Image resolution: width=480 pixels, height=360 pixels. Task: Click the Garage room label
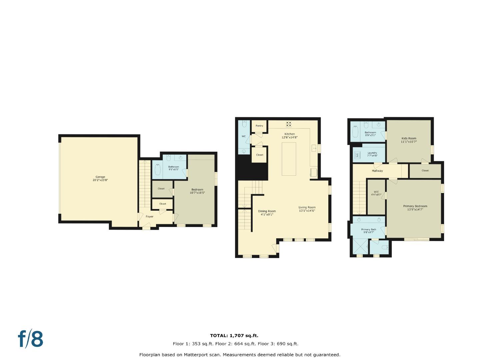pyautogui.click(x=100, y=177)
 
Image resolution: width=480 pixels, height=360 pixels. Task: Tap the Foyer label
pyautogui.click(x=149, y=217)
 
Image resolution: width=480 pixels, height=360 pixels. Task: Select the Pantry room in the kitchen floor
pyautogui.click(x=259, y=126)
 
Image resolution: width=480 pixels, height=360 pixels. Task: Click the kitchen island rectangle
pyautogui.click(x=289, y=159)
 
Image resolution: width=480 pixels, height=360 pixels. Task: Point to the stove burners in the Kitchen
pyautogui.click(x=289, y=124)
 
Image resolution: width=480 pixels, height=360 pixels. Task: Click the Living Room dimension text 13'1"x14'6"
pyautogui.click(x=307, y=211)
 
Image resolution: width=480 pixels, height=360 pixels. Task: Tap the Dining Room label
pyautogui.click(x=267, y=211)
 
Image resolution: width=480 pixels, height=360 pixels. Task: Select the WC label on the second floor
pyautogui.click(x=244, y=136)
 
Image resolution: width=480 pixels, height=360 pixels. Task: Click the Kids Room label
pyautogui.click(x=409, y=138)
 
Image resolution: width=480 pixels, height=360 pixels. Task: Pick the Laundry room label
pyautogui.click(x=372, y=153)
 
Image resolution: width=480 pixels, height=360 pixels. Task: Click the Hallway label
pyautogui.click(x=377, y=171)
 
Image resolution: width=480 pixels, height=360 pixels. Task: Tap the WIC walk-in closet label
pyautogui.click(x=376, y=192)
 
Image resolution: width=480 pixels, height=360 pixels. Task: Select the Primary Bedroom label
pyautogui.click(x=415, y=206)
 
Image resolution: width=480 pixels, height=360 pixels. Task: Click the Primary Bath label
pyautogui.click(x=369, y=229)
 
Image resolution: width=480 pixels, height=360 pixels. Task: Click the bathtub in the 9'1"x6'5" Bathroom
pyautogui.click(x=157, y=170)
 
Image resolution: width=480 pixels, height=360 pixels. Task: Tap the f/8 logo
pyautogui.click(x=30, y=339)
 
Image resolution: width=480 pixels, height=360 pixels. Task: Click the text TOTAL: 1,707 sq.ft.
pyautogui.click(x=234, y=336)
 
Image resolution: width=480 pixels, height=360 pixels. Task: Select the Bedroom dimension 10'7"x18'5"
pyautogui.click(x=197, y=193)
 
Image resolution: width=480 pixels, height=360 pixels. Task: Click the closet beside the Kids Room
pyautogui.click(x=425, y=171)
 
